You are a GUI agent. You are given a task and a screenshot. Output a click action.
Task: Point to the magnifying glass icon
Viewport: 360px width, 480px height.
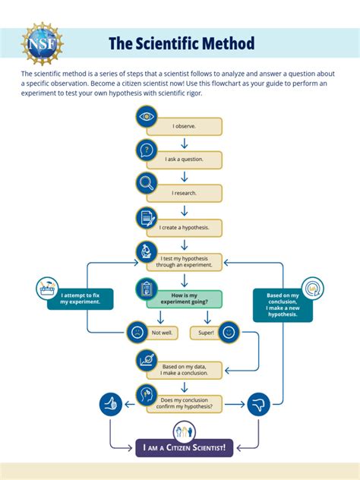(147, 183)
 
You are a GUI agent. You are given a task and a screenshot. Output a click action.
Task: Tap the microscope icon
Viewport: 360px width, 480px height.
(147, 251)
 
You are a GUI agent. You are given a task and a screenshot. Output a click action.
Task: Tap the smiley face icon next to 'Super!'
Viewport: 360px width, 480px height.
(229, 331)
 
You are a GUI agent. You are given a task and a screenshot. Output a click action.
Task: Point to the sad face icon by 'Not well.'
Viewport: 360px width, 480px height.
(136, 332)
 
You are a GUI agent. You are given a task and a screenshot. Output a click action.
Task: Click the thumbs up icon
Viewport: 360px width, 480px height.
(111, 404)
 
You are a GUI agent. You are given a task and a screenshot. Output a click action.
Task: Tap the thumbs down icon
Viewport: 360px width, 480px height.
(259, 404)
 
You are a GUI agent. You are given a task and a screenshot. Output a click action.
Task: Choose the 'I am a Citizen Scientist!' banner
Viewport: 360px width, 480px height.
(185, 450)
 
